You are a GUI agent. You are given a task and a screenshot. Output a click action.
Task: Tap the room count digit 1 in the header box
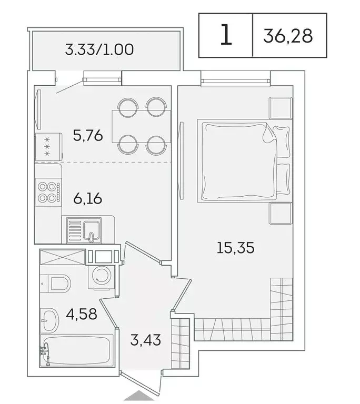tap(225, 36)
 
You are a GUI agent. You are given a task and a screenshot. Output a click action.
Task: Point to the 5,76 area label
tap(87, 136)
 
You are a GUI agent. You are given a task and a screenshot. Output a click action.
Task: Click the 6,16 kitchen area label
tap(87, 199)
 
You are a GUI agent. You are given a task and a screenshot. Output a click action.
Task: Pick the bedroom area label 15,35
tap(235, 247)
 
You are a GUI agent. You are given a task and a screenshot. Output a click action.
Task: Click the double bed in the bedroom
tap(239, 160)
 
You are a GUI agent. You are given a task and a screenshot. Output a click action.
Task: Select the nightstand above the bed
tap(281, 108)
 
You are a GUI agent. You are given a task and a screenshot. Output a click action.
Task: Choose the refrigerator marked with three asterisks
tap(47, 146)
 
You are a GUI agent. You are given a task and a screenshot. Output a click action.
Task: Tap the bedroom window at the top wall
tap(235, 82)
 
